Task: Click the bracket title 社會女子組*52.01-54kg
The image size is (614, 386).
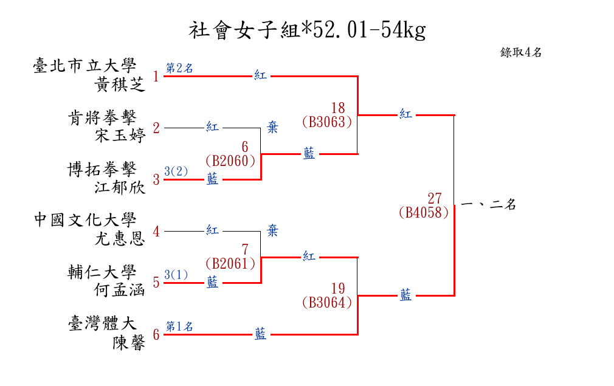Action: click(307, 30)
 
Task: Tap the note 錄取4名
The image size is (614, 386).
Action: click(520, 52)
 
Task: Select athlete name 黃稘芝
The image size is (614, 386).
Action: click(120, 84)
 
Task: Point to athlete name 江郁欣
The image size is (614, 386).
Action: click(120, 187)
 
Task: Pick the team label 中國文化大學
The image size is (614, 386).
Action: click(85, 220)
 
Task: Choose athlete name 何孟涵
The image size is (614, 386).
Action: click(120, 290)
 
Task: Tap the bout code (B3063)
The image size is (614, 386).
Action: click(327, 122)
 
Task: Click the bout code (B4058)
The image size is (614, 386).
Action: click(424, 213)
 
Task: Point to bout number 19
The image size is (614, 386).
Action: click(338, 288)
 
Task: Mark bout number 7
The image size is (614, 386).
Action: click(245, 250)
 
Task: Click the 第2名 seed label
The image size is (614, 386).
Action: click(179, 68)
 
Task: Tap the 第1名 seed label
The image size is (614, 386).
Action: click(179, 326)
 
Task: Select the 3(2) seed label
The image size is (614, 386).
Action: click(176, 171)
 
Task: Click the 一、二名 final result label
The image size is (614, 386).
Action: click(489, 205)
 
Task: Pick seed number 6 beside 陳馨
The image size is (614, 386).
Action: click(156, 334)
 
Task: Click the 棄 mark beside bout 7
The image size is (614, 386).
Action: click(273, 230)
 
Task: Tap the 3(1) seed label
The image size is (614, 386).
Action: click(176, 275)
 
